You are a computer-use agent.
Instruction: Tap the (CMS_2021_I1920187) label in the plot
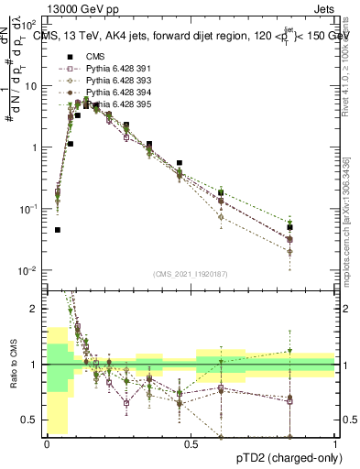191,272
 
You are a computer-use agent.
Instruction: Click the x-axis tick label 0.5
191,444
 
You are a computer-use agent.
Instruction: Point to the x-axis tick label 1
335,444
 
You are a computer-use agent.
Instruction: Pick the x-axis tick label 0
47,444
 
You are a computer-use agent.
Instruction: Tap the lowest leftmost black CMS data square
58,230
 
